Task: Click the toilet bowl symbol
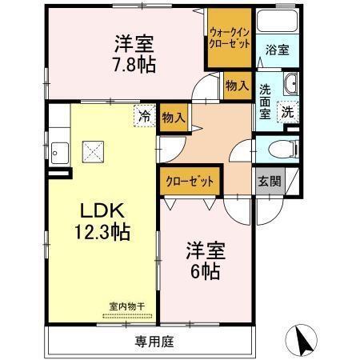[283, 149]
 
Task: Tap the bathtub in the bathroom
[278, 21]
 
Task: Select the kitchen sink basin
[60, 153]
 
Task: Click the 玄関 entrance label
[270, 182]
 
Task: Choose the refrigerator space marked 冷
[145, 116]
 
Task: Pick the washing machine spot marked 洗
[288, 112]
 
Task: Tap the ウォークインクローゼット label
[230, 38]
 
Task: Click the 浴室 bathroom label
[277, 50]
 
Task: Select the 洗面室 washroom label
[265, 102]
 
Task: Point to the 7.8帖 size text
[134, 65]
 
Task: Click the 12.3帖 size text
[102, 232]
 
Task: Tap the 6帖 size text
[206, 271]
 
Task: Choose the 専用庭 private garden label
[154, 342]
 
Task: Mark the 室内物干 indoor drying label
[127, 306]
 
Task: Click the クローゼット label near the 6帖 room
[190, 182]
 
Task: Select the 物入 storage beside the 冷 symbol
[174, 118]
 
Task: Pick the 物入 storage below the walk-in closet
[237, 86]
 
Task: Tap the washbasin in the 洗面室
[291, 83]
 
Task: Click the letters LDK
[102, 210]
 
